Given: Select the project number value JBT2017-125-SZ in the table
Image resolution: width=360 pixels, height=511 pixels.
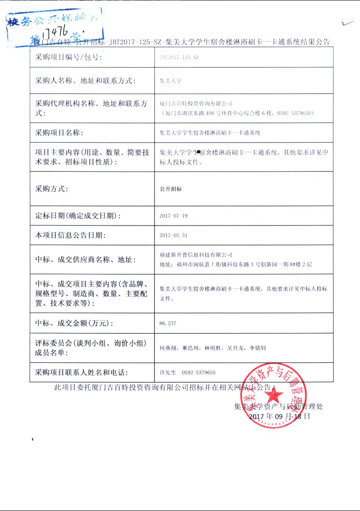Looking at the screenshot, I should click(179, 58).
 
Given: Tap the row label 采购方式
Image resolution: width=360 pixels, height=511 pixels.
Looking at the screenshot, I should click(51, 189).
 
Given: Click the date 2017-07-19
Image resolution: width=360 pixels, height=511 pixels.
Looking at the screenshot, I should click(173, 216).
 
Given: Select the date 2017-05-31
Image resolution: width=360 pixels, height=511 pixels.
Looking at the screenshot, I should click(173, 235).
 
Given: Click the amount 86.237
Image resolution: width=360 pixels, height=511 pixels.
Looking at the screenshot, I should click(167, 323).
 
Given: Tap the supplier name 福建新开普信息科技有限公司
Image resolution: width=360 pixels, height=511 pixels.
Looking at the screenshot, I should click(196, 255).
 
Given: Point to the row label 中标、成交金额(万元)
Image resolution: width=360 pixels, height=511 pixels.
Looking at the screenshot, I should click(71, 323).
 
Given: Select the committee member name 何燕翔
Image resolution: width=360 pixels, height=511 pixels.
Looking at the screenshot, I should click(167, 348).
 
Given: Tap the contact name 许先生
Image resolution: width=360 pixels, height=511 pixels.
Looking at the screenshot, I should click(168, 372).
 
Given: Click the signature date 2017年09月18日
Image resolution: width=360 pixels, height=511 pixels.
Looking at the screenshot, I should click(279, 416).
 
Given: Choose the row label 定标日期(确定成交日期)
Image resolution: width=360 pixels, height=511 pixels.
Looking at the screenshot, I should click(78, 216).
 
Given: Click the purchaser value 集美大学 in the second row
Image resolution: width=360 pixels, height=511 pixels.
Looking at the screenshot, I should click(170, 81).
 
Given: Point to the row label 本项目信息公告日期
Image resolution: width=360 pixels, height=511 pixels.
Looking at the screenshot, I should click(70, 235).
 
